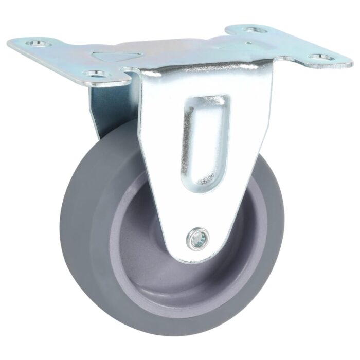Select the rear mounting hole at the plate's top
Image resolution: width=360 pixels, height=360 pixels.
click(255, 30)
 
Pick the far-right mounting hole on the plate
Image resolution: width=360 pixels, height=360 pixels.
click(320, 57)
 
